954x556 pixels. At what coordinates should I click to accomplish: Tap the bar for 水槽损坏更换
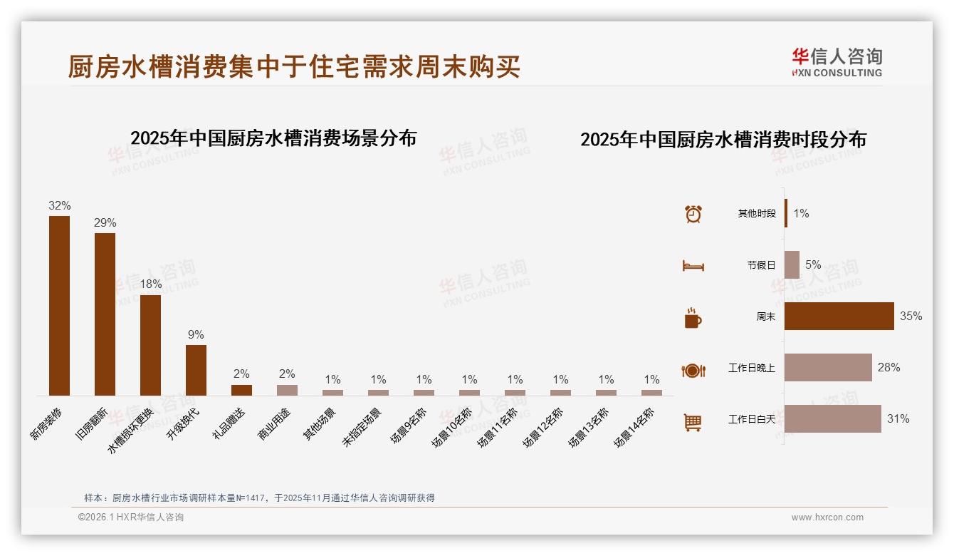(x=150, y=345)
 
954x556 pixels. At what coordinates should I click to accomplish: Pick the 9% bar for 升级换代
(x=196, y=370)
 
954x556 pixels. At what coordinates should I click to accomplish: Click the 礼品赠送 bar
(x=241, y=390)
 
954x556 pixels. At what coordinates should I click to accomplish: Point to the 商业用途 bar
(x=287, y=390)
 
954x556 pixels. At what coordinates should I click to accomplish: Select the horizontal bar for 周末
(x=839, y=316)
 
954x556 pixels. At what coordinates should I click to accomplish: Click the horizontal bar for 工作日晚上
(x=828, y=367)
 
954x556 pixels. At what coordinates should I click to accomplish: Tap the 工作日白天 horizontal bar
(x=832, y=418)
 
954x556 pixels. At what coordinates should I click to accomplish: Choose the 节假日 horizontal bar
(x=792, y=264)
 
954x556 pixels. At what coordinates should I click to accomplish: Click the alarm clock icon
(x=693, y=214)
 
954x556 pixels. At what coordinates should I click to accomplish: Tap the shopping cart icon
(x=693, y=422)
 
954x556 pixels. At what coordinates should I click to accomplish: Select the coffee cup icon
(x=693, y=318)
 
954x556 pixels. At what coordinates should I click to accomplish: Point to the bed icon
(x=693, y=266)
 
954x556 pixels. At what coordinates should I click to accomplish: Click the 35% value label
(x=911, y=316)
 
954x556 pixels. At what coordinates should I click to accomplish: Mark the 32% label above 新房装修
(x=59, y=205)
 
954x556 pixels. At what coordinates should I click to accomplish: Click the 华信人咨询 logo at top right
(x=837, y=62)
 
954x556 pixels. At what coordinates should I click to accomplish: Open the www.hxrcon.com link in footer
(x=827, y=518)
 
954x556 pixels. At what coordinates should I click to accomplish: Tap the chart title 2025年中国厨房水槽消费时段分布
(x=723, y=140)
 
